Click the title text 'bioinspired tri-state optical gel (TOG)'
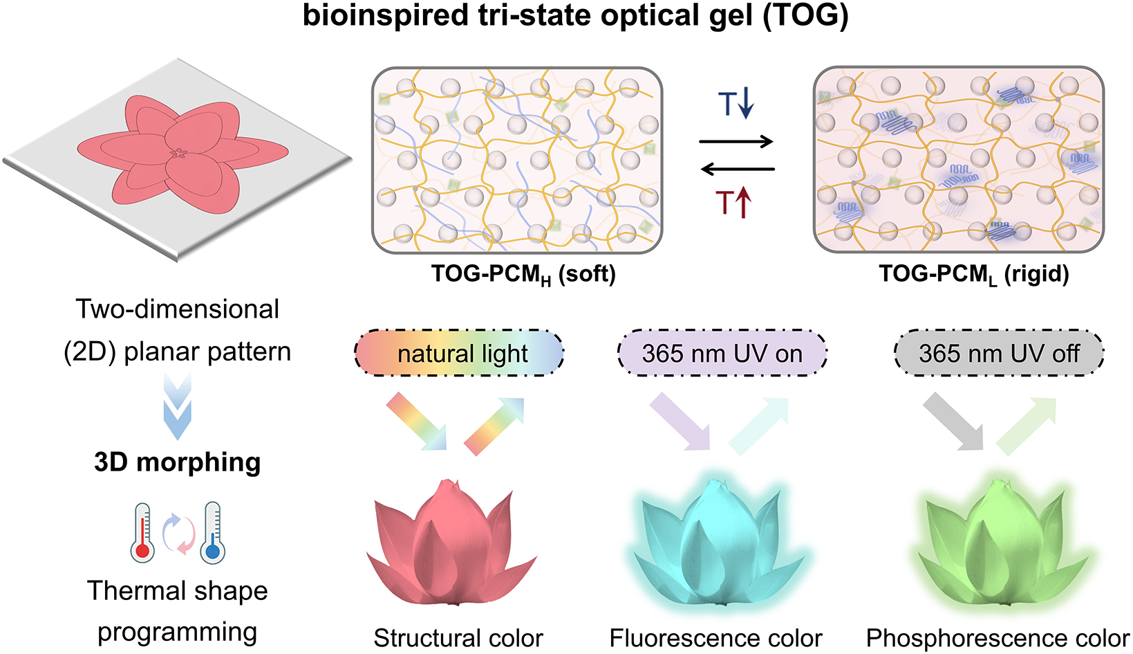tap(575, 15)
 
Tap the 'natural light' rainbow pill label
tap(459, 353)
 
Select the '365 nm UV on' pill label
tap(722, 353)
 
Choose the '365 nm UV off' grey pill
tap(999, 353)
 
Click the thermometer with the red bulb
tap(142, 532)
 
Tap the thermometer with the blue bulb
tap(212, 532)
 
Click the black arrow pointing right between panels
tap(736, 142)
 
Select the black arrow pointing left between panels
tap(738, 169)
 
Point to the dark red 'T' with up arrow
tap(733, 202)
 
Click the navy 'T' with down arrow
tap(736, 103)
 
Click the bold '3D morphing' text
tap(178, 462)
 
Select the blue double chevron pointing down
tap(178, 406)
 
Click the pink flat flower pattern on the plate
tap(182, 154)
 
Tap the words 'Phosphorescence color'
tap(998, 638)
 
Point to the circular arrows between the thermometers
tap(178, 534)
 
